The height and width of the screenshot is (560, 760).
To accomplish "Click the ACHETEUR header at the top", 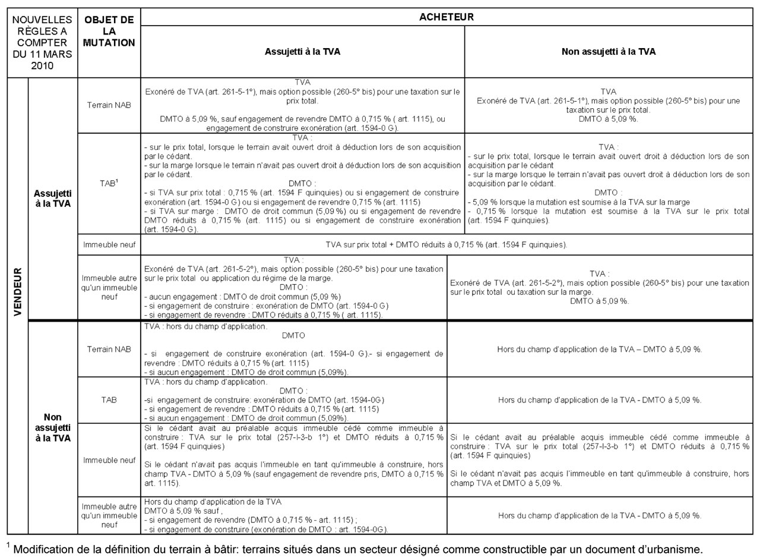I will coord(446,17).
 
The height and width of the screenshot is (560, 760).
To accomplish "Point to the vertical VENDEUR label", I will coord(17,291).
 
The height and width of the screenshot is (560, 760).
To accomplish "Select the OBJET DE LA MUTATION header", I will coord(109,31).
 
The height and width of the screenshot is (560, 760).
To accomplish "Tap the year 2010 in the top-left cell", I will coord(42,65).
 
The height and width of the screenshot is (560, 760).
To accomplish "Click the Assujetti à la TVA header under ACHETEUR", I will coord(302,52).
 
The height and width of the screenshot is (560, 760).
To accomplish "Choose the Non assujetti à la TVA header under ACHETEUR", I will coord(608,52).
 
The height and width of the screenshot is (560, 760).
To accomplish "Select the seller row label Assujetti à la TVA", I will coord(53,199).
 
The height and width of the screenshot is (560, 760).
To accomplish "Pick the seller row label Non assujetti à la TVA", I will coord(53,427).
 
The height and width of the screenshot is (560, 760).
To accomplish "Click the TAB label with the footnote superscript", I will coord(109,183).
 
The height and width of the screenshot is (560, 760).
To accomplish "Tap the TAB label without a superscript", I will coord(109,400).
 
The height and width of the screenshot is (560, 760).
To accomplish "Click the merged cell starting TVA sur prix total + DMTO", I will coord(446,244).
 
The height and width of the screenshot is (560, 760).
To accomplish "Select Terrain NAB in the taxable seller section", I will coord(109,105).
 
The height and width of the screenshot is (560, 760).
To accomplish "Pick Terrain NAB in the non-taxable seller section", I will coord(109,349).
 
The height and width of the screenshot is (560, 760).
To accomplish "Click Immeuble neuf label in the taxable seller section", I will coord(109,244).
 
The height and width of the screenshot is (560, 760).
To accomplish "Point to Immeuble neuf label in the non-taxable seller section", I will coord(109,460).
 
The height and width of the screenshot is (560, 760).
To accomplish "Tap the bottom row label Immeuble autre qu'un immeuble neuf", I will coord(109,515).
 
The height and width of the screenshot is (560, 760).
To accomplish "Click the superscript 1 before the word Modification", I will coord(9,545).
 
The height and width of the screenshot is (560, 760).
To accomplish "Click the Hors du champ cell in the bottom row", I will coord(600,515).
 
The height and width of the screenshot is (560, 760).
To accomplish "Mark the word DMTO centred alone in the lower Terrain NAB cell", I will coord(293,335).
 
